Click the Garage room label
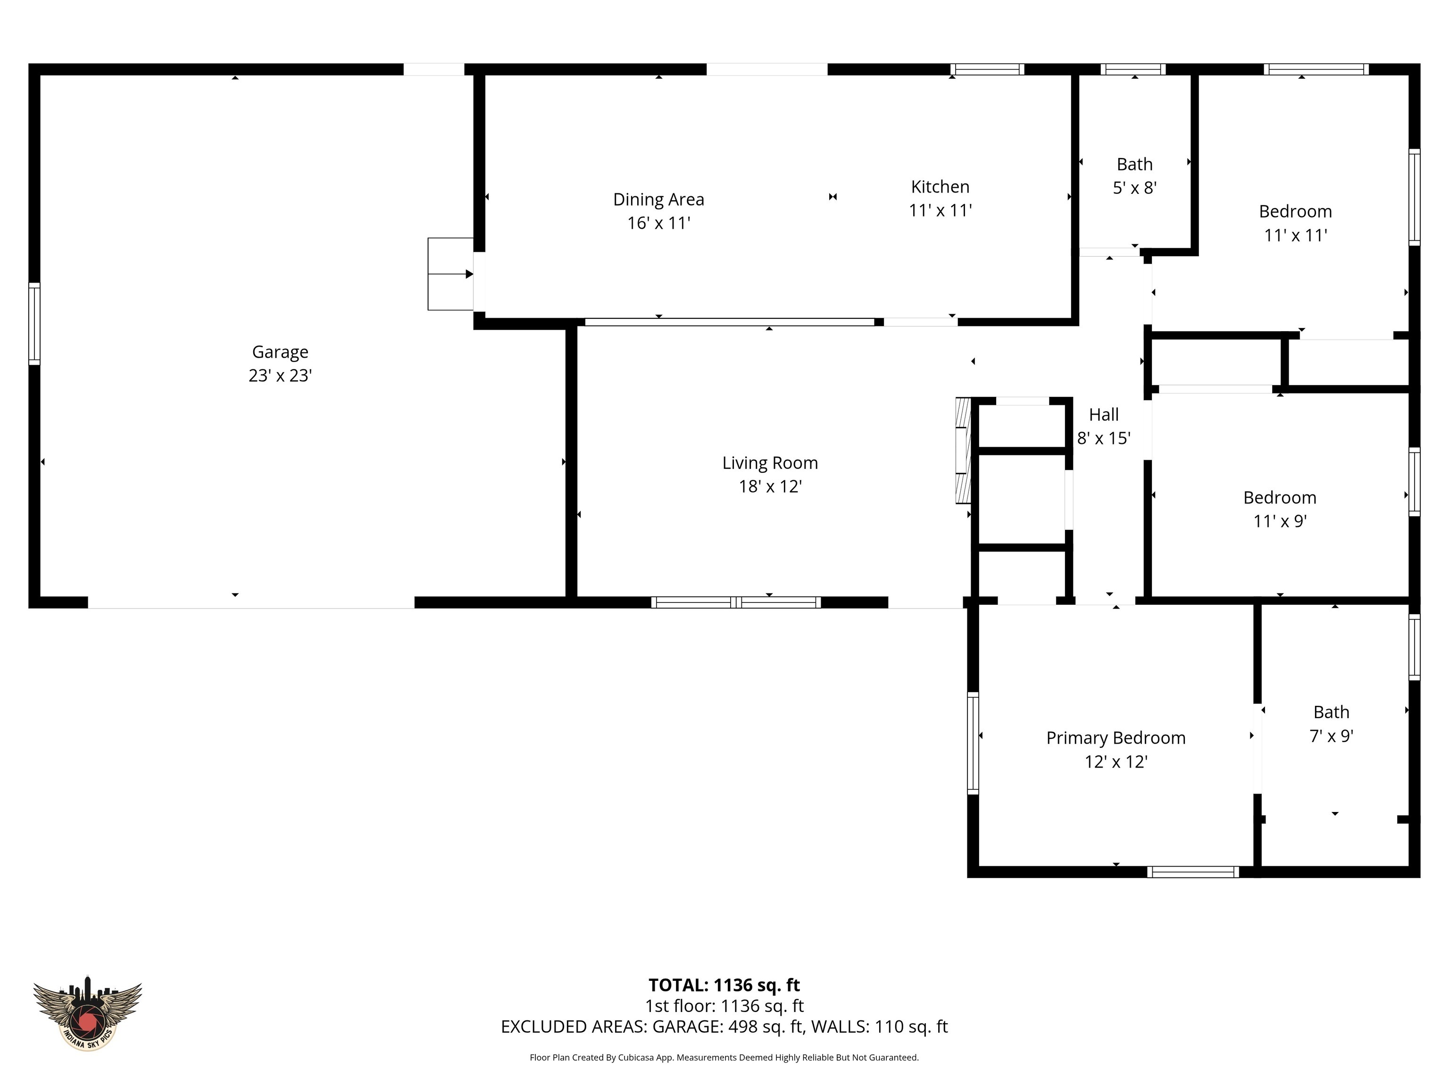[280, 352]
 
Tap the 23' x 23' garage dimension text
[280, 376]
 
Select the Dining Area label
[658, 199]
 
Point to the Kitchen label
[940, 187]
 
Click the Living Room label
[770, 463]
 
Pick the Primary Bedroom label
[1116, 738]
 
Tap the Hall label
[1104, 415]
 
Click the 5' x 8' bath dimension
[1134, 188]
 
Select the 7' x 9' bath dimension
[1331, 736]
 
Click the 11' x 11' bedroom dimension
[1295, 235]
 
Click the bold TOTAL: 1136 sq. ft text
[724, 985]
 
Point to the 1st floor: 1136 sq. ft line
[724, 1006]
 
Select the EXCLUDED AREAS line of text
[724, 1027]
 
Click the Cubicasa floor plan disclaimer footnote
[724, 1058]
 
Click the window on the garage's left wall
[34, 324]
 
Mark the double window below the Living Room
[736, 602]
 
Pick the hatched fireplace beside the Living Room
[962, 450]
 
